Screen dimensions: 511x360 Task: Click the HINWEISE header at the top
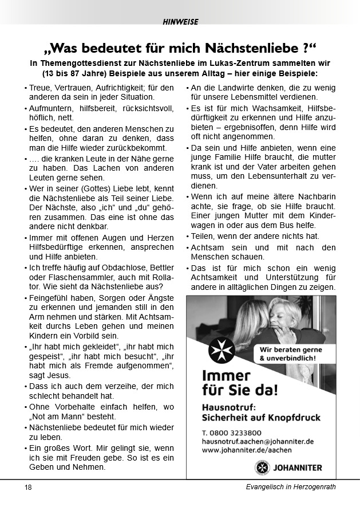point(180,22)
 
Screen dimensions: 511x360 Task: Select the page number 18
point(28,487)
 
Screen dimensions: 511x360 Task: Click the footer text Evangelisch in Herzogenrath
point(287,487)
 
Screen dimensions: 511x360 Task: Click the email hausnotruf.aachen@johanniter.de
point(258,441)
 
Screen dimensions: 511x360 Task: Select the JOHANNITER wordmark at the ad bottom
point(298,467)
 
